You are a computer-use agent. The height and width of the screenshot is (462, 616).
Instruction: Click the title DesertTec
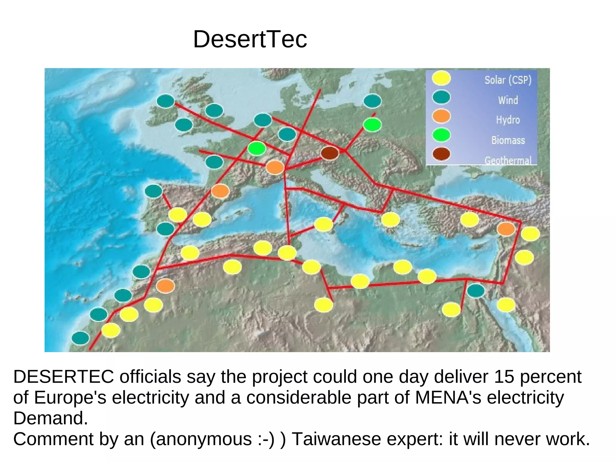pyautogui.click(x=250, y=39)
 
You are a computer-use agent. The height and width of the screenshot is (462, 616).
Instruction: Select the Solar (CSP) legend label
pyautogui.click(x=508, y=80)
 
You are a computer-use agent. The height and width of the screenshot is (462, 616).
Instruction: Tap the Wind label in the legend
pyautogui.click(x=508, y=100)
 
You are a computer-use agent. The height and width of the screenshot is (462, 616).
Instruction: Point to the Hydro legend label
pyautogui.click(x=508, y=120)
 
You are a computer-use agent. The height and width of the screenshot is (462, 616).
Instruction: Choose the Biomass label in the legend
pyautogui.click(x=508, y=140)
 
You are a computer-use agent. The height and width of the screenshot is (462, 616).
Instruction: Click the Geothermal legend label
pyautogui.click(x=508, y=160)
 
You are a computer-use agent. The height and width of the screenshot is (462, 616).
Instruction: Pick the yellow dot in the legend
pyautogui.click(x=441, y=78)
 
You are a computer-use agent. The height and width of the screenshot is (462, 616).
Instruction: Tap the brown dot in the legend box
pyautogui.click(x=441, y=154)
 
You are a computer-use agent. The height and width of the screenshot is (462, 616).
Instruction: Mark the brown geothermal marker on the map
pyautogui.click(x=330, y=153)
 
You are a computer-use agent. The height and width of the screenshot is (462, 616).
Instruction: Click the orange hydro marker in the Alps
pyautogui.click(x=275, y=167)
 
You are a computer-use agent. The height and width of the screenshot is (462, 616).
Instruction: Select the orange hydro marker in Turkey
pyautogui.click(x=506, y=229)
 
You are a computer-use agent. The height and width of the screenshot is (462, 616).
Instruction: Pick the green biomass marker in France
pyautogui.click(x=257, y=148)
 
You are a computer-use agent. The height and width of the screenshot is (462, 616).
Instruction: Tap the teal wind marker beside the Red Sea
pyautogui.click(x=476, y=291)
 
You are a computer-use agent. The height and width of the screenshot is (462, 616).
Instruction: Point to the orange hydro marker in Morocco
pyautogui.click(x=165, y=286)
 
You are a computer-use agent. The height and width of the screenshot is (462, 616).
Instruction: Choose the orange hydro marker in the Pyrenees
pyautogui.click(x=220, y=191)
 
